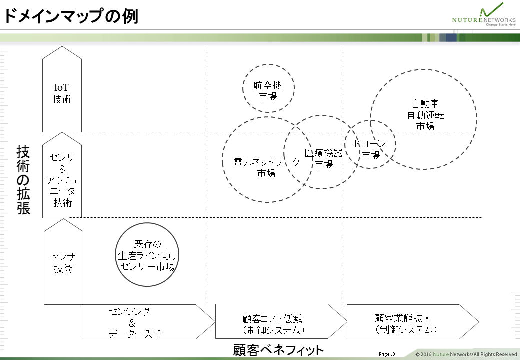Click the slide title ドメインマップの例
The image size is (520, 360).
(71, 16)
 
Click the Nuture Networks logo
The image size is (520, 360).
(484, 15)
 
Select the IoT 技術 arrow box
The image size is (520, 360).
(62, 89)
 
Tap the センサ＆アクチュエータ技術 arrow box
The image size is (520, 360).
(62, 175)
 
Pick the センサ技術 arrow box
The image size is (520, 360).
(63, 262)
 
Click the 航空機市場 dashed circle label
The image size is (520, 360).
(267, 91)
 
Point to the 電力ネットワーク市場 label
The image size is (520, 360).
(266, 167)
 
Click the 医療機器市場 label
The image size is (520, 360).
(324, 158)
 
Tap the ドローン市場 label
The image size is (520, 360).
(370, 149)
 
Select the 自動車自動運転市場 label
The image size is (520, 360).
(425, 115)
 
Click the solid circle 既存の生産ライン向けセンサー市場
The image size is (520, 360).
(147, 254)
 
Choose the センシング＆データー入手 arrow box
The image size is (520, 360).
(149, 322)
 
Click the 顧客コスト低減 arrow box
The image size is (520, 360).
(281, 321)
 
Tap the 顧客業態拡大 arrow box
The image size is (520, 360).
(413, 322)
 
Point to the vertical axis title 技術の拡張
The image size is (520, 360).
(23, 180)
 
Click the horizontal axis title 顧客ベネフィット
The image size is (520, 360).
(278, 350)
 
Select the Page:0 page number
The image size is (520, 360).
(387, 354)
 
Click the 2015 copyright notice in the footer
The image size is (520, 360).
(466, 354)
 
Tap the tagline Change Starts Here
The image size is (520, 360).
(501, 25)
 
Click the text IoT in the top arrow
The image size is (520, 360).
(61, 87)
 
